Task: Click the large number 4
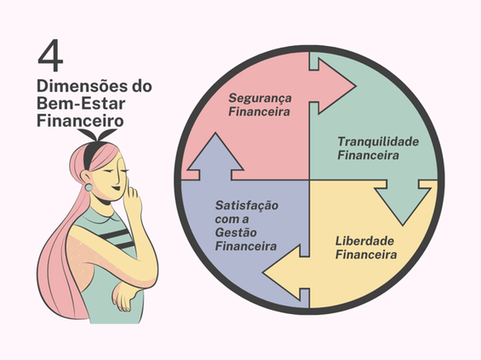click(51, 57)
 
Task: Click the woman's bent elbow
click(120, 299)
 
